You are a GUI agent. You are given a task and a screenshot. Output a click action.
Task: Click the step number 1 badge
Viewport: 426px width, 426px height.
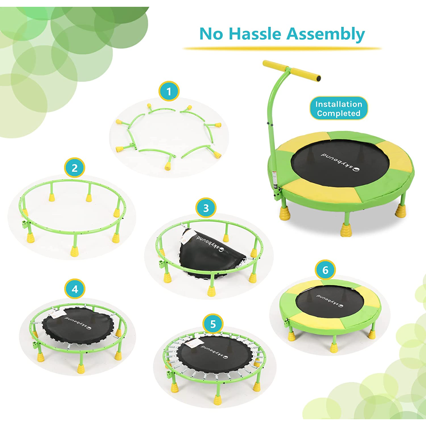pyautogui.click(x=169, y=91)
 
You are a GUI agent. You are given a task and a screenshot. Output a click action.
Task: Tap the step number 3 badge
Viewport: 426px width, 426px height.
pyautogui.click(x=206, y=208)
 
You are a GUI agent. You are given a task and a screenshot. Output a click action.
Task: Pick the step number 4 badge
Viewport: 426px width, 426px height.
pyautogui.click(x=75, y=289)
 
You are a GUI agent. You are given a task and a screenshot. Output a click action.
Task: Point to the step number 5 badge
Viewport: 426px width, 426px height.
pyautogui.click(x=213, y=325)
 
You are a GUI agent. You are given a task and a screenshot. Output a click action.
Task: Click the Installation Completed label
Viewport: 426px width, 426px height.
pyautogui.click(x=339, y=108)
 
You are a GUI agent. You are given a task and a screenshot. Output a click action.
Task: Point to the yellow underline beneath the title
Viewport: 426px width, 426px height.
pyautogui.click(x=282, y=48)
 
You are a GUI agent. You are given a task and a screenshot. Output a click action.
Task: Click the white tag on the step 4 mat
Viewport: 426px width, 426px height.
pyautogui.click(x=59, y=313)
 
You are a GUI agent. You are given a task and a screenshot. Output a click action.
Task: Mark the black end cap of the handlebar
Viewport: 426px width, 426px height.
pyautogui.click(x=318, y=78)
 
